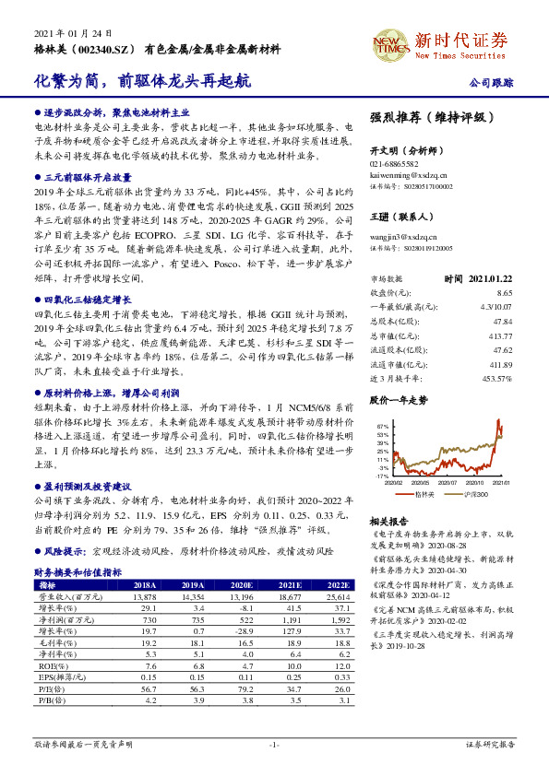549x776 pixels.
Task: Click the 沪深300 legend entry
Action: coord(480,494)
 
